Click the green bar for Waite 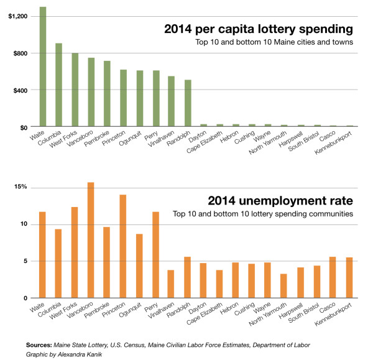43,67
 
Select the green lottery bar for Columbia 58,85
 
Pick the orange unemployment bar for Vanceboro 91,240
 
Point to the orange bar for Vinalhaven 172,284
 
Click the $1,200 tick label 17,16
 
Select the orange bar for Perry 155,255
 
